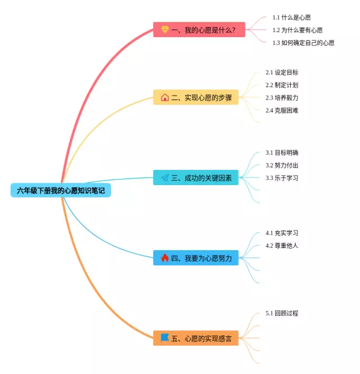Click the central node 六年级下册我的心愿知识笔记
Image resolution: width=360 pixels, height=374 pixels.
coord(61,191)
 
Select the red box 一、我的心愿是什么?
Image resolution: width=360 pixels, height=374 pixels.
coord(199,30)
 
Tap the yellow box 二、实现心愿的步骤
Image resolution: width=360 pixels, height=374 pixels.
coord(196,97)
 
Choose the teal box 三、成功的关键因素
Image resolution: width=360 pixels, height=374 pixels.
coord(196,177)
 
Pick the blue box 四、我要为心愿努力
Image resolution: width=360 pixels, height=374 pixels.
coord(196,258)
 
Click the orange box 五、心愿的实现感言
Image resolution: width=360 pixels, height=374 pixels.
coord(196,338)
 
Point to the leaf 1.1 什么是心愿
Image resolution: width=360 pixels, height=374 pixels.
coord(291,17)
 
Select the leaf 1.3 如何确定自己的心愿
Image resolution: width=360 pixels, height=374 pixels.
coord(303,43)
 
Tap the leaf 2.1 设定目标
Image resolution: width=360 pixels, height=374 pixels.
coord(282,73)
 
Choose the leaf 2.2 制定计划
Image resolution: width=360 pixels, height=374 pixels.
coord(282,85)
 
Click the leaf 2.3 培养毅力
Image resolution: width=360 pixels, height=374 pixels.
coord(282,97)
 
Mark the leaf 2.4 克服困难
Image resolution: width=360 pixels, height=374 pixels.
coord(282,110)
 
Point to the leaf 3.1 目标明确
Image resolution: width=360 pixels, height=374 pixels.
coord(282,152)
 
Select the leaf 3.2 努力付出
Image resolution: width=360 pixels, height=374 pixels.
coord(282,165)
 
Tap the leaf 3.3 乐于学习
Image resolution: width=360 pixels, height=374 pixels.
coord(282,178)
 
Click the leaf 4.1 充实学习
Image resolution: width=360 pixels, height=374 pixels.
coord(282,233)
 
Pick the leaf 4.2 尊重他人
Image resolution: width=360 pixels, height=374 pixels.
coord(282,246)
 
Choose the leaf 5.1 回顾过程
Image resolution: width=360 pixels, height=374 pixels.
coord(282,313)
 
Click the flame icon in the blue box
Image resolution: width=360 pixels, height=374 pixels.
coord(165,258)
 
